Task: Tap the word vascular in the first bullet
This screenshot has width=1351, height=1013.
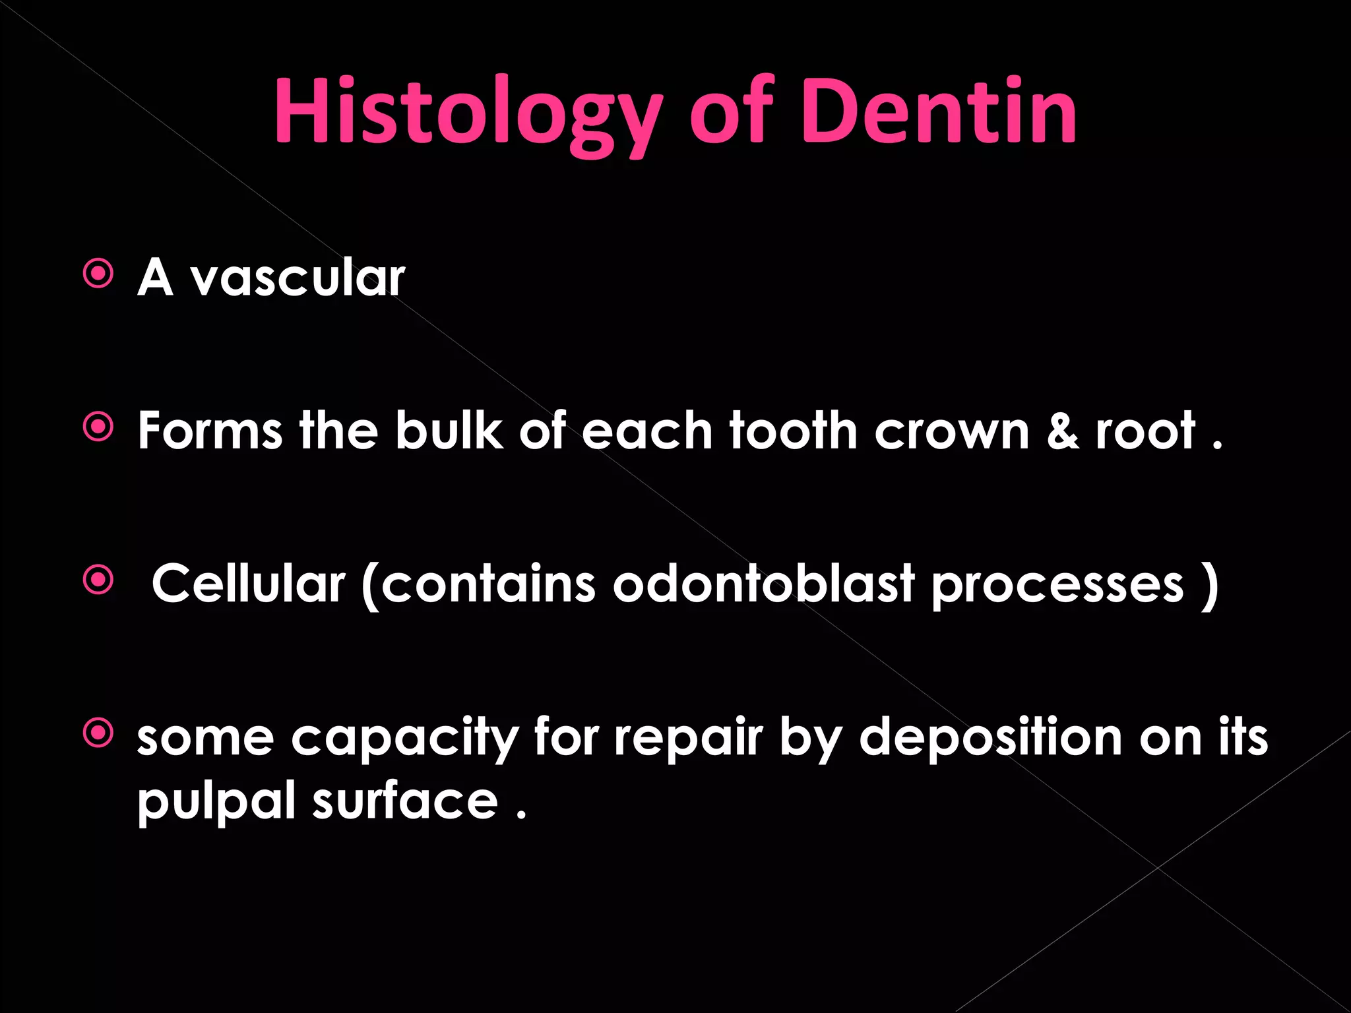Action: coord(298,278)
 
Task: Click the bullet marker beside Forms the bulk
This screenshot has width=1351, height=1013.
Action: coord(99,428)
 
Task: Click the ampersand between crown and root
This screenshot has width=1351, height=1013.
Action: coord(1062,431)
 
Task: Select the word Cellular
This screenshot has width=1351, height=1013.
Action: coord(248,584)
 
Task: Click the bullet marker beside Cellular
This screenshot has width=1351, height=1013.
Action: coord(99,581)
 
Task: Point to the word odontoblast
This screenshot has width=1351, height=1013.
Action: coord(763,584)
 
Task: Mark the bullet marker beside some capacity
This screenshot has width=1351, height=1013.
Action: coord(99,733)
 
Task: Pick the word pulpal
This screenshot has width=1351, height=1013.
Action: coord(216,802)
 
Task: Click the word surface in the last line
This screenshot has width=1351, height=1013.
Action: coord(404,801)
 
